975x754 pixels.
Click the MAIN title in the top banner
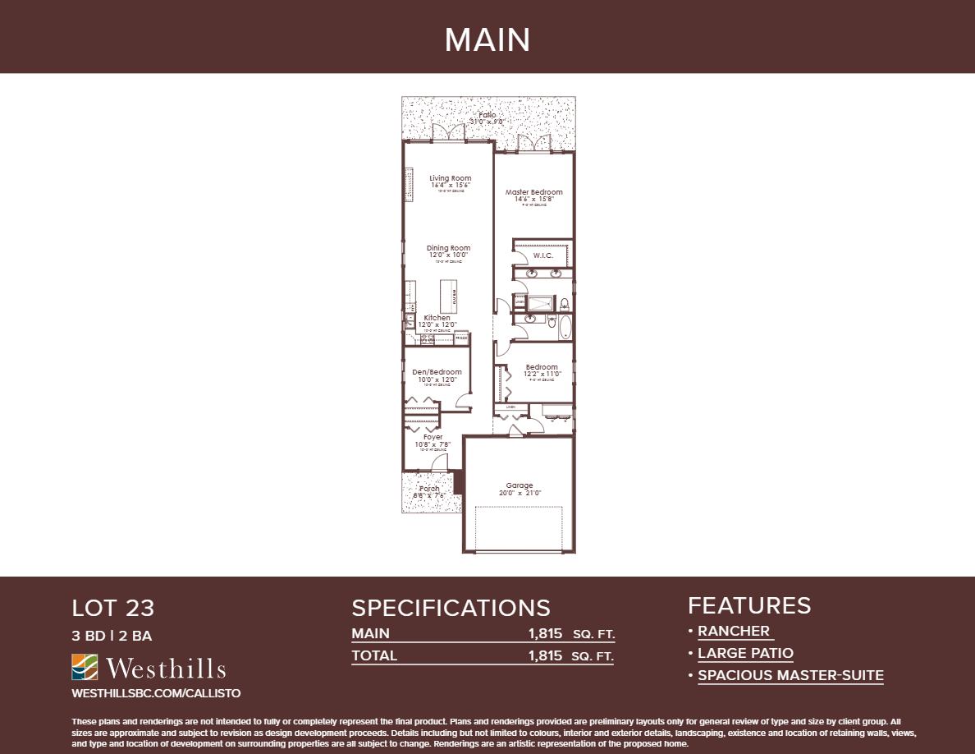pyautogui.click(x=487, y=39)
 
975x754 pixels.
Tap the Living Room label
pyautogui.click(x=450, y=178)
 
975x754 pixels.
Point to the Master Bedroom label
pyautogui.click(x=533, y=192)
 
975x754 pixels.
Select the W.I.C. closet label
pyautogui.click(x=543, y=255)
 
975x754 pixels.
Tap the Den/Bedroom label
pyautogui.click(x=437, y=372)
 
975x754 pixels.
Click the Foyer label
pyautogui.click(x=433, y=437)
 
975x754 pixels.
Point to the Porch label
pyautogui.click(x=430, y=489)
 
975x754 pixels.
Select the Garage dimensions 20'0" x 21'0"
pyautogui.click(x=520, y=494)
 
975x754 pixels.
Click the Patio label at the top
pyautogui.click(x=487, y=115)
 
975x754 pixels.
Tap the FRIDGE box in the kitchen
pyautogui.click(x=461, y=337)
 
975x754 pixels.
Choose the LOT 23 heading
pyautogui.click(x=113, y=609)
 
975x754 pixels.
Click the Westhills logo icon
pyautogui.click(x=85, y=667)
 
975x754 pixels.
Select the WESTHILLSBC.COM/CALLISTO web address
pyautogui.click(x=156, y=693)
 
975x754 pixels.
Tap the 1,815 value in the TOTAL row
pyautogui.click(x=545, y=655)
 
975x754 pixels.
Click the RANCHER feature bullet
pyautogui.click(x=734, y=631)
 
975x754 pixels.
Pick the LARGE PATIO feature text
pyautogui.click(x=745, y=653)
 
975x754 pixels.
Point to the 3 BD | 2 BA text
pyautogui.click(x=112, y=635)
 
